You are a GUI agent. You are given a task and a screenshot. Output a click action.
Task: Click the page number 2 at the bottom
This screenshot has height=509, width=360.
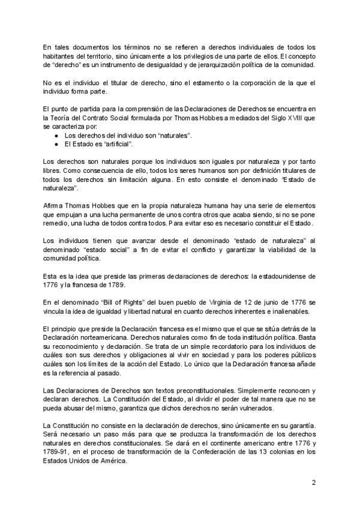[x=314, y=482]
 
